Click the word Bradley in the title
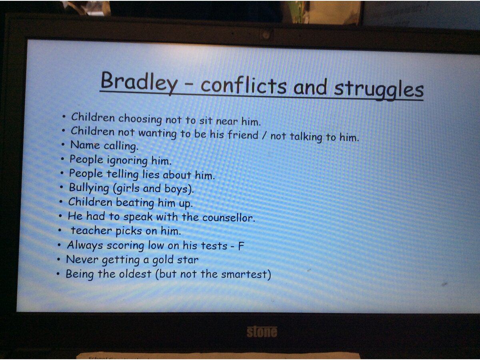139,83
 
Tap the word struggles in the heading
378,90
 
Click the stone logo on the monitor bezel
262,332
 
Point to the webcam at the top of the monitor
266,35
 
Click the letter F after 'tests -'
241,246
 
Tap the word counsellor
229,218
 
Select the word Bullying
89,188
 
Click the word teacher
91,231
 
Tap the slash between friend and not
264,136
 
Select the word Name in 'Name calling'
85,145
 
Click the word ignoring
127,161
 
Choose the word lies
151,174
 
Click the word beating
135,203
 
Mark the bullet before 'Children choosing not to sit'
64,117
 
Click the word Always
85,245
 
